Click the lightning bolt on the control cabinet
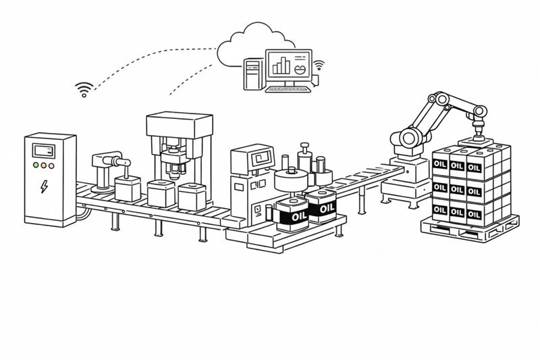click(x=45, y=186)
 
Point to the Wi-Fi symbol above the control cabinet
click(x=84, y=89)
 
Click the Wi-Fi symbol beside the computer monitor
click(x=318, y=66)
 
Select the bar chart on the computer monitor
click(x=281, y=66)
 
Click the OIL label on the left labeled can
click(x=292, y=215)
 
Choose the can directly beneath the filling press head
click(x=161, y=194)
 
